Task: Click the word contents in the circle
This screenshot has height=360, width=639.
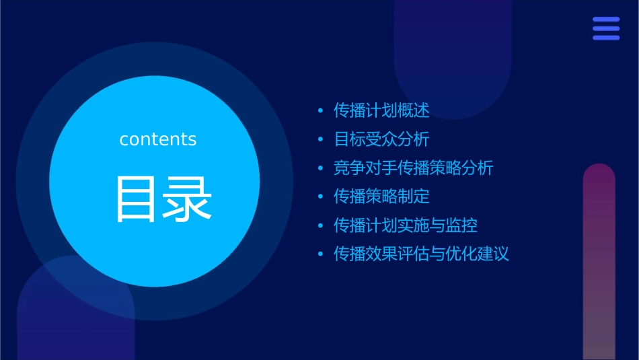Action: (158, 139)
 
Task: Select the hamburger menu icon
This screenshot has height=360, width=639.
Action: (606, 28)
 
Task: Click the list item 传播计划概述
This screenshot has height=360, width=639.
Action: (381, 110)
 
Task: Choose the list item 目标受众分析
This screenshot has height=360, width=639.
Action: (381, 139)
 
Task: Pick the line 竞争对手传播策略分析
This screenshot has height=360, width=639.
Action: (413, 168)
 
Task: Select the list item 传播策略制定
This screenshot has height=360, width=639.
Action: (381, 196)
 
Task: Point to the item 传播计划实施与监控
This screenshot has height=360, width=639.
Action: (405, 225)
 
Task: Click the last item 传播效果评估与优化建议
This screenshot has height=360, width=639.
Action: (421, 254)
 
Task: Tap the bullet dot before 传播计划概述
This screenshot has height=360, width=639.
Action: (320, 111)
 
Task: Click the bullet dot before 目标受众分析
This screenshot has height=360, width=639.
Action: (320, 140)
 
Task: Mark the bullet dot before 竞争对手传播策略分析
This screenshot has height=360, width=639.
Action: (320, 168)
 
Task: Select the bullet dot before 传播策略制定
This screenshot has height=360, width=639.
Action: (320, 197)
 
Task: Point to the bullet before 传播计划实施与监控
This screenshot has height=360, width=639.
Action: (320, 225)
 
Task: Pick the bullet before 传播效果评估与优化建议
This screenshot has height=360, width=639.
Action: (320, 254)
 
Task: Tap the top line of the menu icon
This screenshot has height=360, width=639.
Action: (606, 20)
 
